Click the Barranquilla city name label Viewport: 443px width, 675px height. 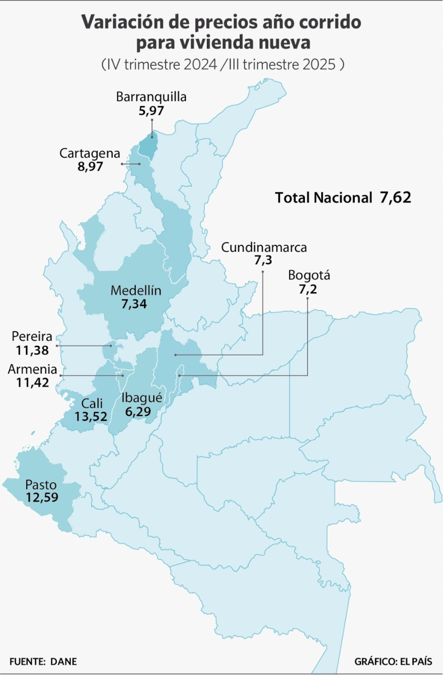coord(151,97)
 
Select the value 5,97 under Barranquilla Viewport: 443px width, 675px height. coord(151,111)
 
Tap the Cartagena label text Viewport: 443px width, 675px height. coord(90,153)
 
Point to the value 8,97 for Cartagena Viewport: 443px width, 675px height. coord(90,167)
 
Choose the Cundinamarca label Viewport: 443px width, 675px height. coord(264,247)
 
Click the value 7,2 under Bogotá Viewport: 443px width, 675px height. coord(308,289)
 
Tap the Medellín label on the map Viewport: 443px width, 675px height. coord(136,290)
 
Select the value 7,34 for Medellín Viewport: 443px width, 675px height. coord(134,304)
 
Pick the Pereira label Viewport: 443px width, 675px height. coord(32,336)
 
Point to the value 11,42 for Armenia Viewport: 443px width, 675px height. coord(33,383)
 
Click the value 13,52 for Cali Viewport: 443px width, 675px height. coord(91,416)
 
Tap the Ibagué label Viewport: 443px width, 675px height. coord(142,398)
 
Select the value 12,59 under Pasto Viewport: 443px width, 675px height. coord(42,497)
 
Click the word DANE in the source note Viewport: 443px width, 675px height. coord(64,661)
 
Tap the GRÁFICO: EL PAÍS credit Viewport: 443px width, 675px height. coord(393,661)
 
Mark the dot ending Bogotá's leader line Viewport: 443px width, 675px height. coord(179,376)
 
